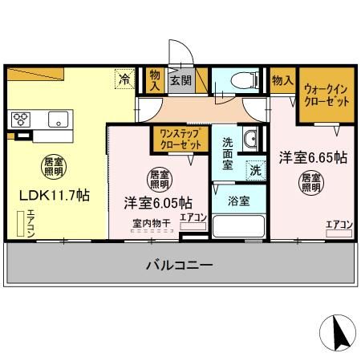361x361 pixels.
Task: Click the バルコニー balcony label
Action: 179,265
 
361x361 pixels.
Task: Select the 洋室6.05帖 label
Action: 157,201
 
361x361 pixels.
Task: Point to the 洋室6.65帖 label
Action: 312,157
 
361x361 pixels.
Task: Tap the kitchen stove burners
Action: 20,120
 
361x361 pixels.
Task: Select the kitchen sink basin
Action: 58,120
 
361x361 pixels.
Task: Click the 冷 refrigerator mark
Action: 124,79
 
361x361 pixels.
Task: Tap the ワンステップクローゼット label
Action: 180,140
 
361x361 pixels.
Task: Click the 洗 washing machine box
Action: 254,169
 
